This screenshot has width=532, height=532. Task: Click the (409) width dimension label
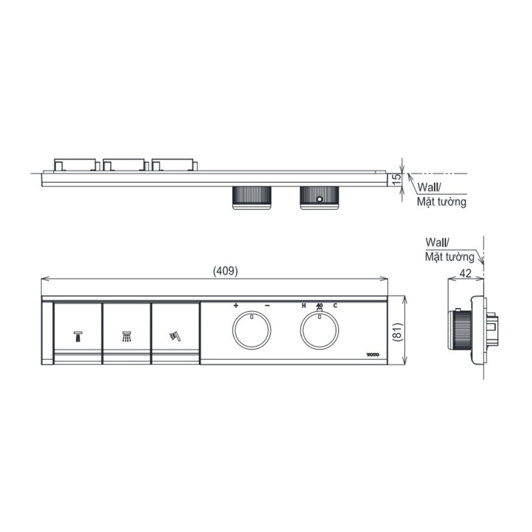[x=225, y=271]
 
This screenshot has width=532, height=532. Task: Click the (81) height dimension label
[x=397, y=332]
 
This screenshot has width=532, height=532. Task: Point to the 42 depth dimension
[x=465, y=273]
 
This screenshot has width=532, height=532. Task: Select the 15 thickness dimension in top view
[x=396, y=179]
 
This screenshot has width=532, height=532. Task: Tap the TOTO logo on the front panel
[x=372, y=354]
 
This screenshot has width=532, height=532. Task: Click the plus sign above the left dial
[x=236, y=305]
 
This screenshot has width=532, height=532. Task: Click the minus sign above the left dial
[x=267, y=305]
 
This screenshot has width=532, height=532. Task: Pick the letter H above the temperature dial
[x=304, y=305]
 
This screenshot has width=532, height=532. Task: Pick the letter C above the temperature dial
[x=335, y=305]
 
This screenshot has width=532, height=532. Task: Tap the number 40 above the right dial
[x=319, y=305]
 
